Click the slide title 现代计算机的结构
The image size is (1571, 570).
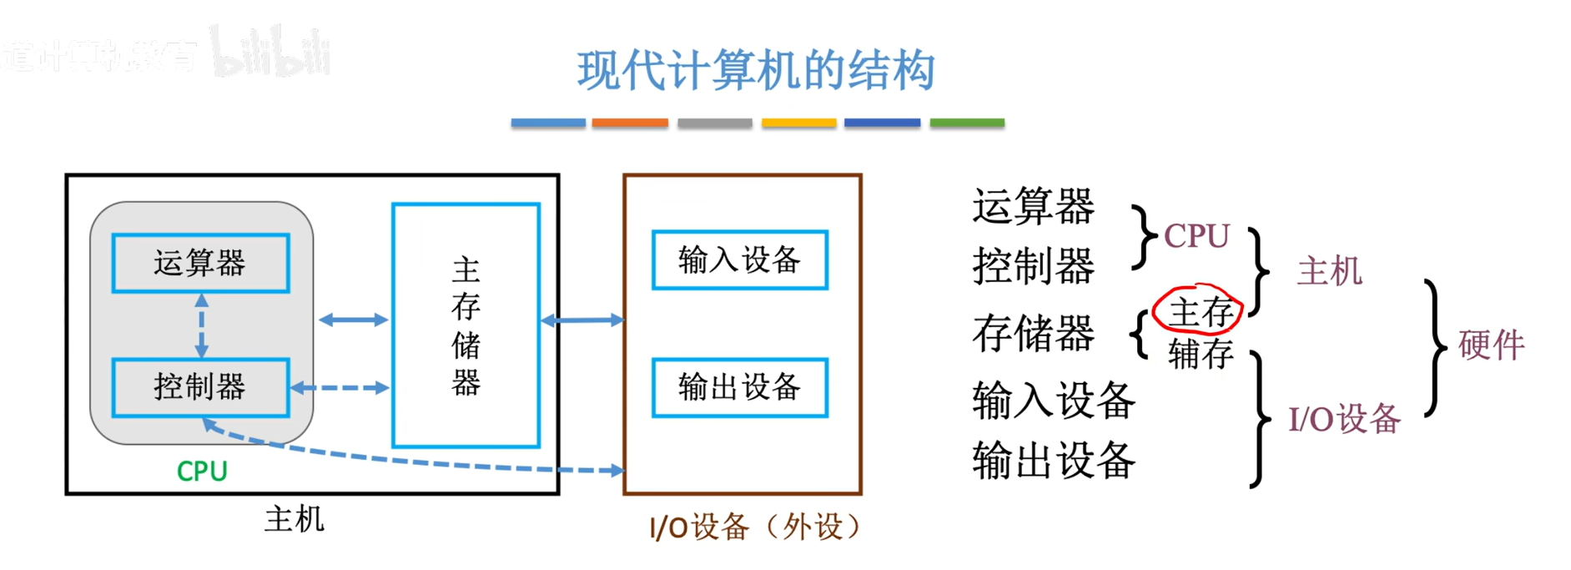tap(755, 70)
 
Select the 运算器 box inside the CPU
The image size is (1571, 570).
tap(200, 263)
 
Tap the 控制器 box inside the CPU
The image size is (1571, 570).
tap(200, 387)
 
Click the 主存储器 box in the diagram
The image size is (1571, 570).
tap(466, 325)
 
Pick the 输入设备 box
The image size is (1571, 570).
tap(739, 260)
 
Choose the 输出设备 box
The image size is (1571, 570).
tap(739, 387)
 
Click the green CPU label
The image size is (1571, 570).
tap(202, 472)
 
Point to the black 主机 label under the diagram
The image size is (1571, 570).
tap(294, 519)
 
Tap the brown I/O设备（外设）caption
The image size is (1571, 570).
tap(754, 527)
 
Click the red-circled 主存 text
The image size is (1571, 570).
tap(1200, 312)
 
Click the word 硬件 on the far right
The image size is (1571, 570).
tap(1491, 345)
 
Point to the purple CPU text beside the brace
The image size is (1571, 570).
tap(1196, 236)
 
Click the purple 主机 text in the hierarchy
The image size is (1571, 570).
tap(1329, 271)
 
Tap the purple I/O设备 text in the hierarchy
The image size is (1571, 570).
tap(1344, 419)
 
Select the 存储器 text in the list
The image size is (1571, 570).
tap(1033, 333)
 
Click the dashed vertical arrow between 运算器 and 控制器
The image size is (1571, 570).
tap(201, 325)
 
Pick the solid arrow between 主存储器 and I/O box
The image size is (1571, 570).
tap(582, 320)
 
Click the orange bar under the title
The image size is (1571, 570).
tap(630, 123)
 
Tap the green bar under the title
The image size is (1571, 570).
tap(967, 123)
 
